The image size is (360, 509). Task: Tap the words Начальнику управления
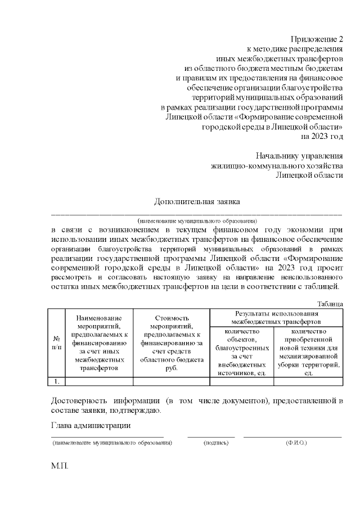pyautogui.click(x=299, y=155)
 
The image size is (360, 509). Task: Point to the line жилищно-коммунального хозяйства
pyautogui.click(x=276, y=165)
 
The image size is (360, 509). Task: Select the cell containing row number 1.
pyautogui.click(x=56, y=381)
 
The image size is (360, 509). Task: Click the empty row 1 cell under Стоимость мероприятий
pyautogui.click(x=171, y=381)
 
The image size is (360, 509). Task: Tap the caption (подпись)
pyautogui.click(x=216, y=443)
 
